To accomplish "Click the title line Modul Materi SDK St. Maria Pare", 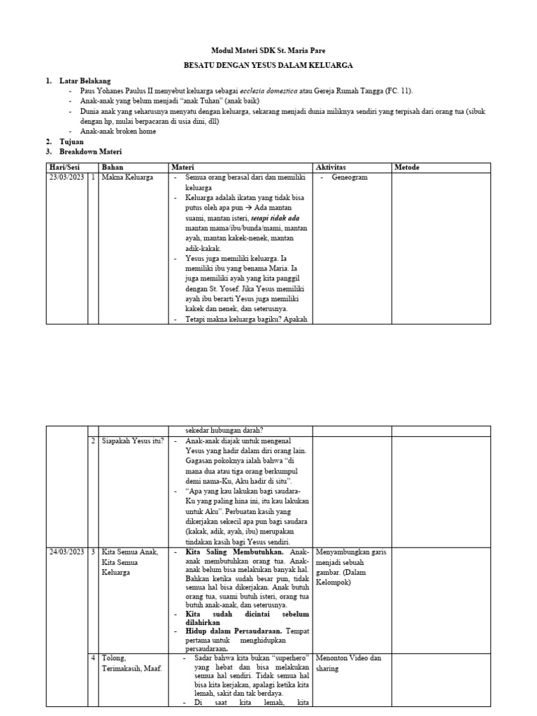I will (x=268, y=51).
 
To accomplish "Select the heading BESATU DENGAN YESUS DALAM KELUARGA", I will (x=268, y=65).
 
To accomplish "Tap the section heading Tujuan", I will (x=71, y=141).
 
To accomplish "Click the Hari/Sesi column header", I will (x=66, y=167).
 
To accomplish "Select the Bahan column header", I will (x=113, y=167).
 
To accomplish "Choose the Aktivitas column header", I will (x=332, y=167).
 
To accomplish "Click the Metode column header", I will (x=408, y=167).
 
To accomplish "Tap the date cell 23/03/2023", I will (x=67, y=178).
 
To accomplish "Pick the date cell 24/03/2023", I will (x=67, y=552).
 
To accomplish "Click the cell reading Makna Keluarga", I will (x=128, y=178).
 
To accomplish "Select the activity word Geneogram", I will (x=350, y=178).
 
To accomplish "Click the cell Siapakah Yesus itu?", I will (x=133, y=441).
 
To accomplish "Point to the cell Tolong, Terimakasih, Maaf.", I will (x=131, y=664).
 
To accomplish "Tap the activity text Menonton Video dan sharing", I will (x=348, y=664).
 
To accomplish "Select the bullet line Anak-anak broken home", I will (x=117, y=131).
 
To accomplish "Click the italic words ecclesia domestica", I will (x=271, y=91).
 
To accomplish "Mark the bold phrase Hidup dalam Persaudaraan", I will (x=235, y=631).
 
